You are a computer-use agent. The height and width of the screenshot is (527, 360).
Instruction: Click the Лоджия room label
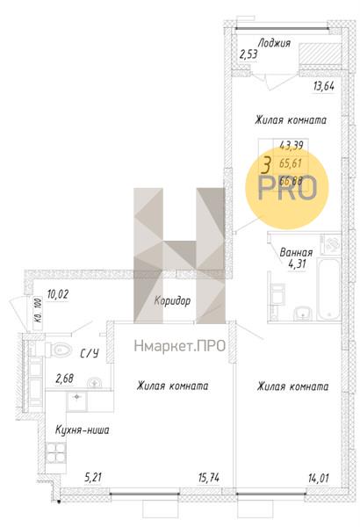click(275, 42)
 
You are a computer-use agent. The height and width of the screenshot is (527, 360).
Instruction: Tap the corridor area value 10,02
click(58, 294)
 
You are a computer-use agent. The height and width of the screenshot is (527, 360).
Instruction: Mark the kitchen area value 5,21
click(93, 477)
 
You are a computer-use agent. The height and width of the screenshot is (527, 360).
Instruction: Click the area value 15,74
click(210, 477)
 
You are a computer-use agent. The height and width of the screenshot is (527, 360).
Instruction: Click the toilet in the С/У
click(58, 350)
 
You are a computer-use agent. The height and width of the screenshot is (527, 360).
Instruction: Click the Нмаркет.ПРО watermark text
click(181, 346)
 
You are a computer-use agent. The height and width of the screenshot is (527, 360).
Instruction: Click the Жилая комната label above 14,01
click(292, 386)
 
